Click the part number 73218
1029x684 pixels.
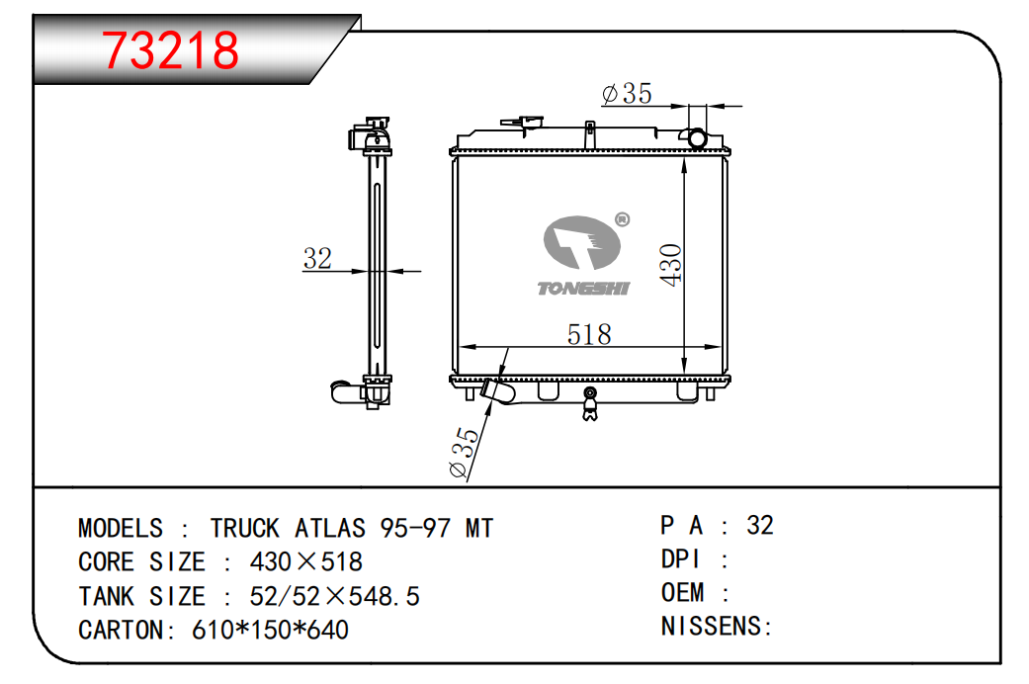172,50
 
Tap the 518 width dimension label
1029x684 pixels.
589,334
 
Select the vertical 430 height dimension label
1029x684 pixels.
671,264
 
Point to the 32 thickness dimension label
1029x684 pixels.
317,259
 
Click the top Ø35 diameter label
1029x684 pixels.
627,94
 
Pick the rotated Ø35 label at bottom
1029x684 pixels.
464,453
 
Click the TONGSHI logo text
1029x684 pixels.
583,288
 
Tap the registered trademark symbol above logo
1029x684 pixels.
622,219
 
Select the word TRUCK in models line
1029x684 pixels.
245,528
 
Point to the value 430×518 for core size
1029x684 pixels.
306,562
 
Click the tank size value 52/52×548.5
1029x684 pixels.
334,596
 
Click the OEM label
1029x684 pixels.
683,593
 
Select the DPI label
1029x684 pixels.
680,559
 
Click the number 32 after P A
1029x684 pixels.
760,525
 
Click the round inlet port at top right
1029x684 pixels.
699,138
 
